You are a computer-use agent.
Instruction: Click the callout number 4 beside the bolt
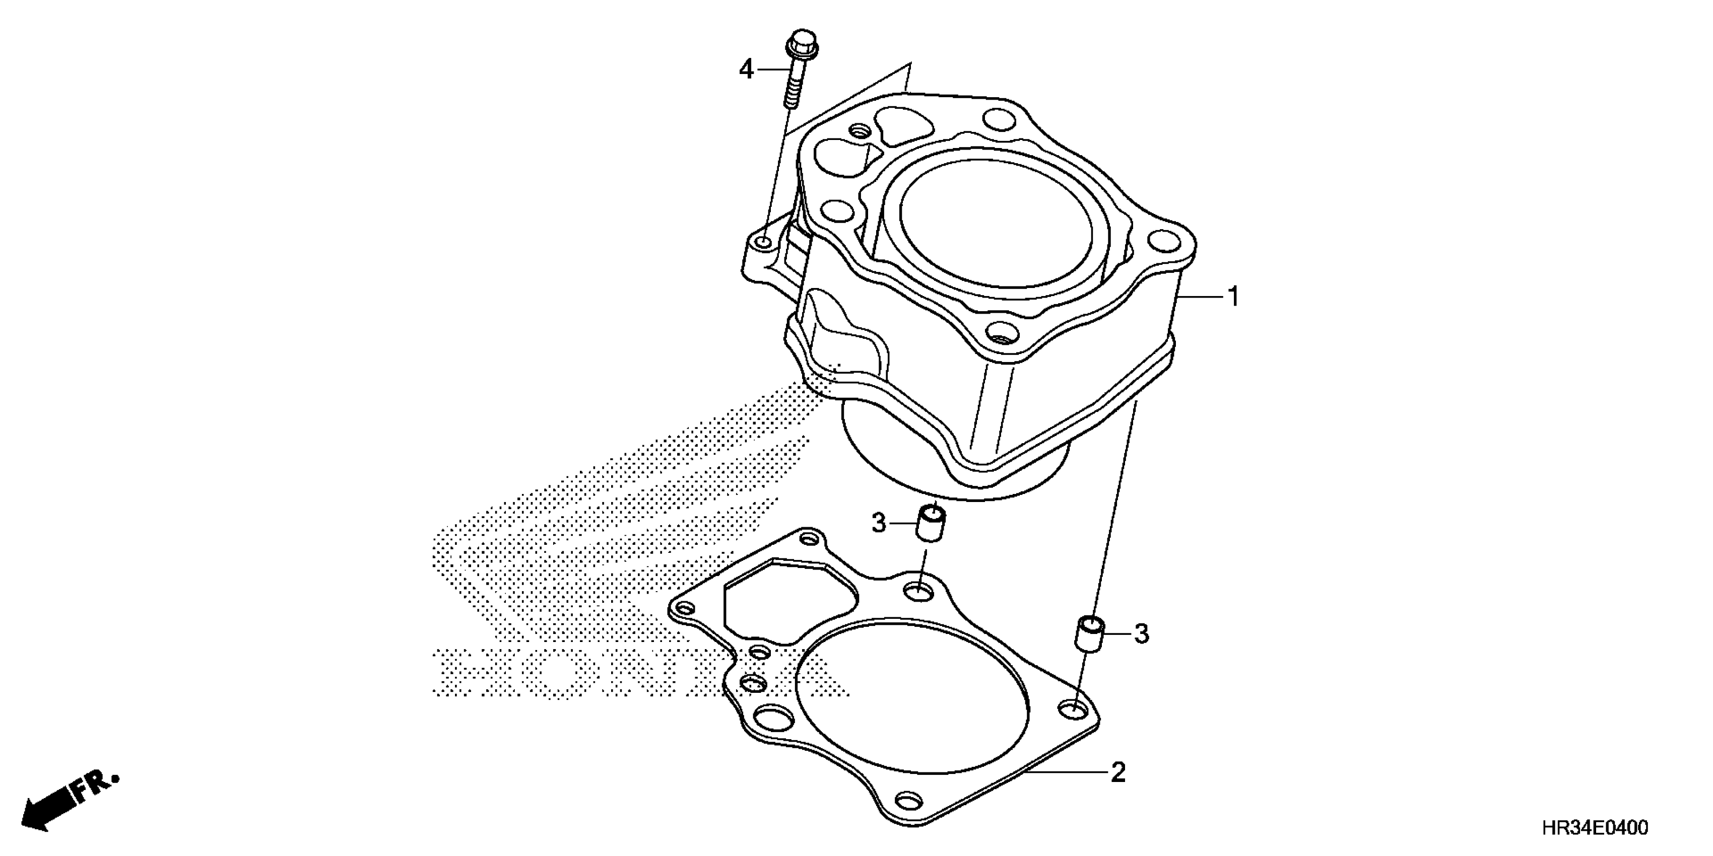coord(746,69)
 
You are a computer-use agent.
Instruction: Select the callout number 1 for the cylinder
coord(1233,297)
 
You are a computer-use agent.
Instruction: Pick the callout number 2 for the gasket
coord(1118,773)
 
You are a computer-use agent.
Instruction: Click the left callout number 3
coord(879,524)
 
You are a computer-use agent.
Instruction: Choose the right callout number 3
coord(1141,634)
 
